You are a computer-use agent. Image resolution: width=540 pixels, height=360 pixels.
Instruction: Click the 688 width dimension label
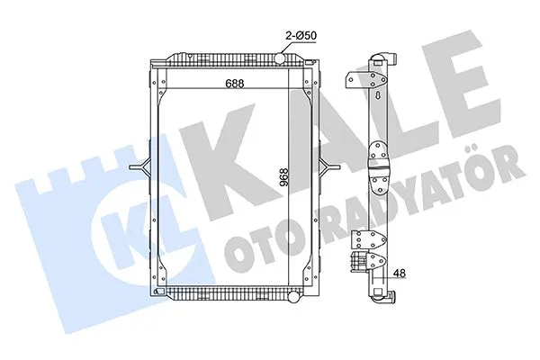tap(235, 83)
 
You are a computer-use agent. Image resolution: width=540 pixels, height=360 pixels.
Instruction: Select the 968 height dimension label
tap(284, 177)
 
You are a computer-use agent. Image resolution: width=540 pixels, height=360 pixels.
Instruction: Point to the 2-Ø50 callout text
tap(301, 35)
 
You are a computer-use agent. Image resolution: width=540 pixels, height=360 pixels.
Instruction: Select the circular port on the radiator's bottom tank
tap(293, 297)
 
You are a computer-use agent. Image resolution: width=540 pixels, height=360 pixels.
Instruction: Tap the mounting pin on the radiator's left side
tap(139, 167)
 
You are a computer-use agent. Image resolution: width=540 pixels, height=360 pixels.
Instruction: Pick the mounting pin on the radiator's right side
tap(329, 167)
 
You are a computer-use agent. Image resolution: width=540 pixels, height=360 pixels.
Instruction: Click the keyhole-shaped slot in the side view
tap(379, 96)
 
